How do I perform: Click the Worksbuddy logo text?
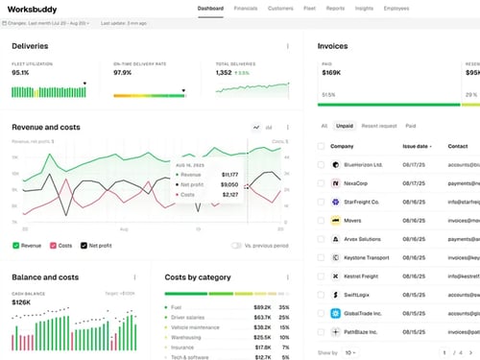(x=32, y=9)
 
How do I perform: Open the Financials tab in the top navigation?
(x=245, y=8)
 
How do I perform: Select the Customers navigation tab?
(x=280, y=8)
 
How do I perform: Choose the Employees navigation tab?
(x=401, y=8)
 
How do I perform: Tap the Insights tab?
(x=365, y=8)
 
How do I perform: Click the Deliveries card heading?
(x=31, y=45)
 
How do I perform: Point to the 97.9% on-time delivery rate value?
(x=122, y=72)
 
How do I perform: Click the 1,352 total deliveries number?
(x=224, y=72)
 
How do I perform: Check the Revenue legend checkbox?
(x=16, y=246)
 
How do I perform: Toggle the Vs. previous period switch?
(x=236, y=246)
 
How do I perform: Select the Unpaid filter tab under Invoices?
(x=345, y=126)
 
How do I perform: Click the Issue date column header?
(x=417, y=146)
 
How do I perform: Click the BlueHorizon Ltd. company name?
(x=364, y=165)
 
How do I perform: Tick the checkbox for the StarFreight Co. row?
(x=321, y=202)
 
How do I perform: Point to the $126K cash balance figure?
(x=22, y=302)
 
